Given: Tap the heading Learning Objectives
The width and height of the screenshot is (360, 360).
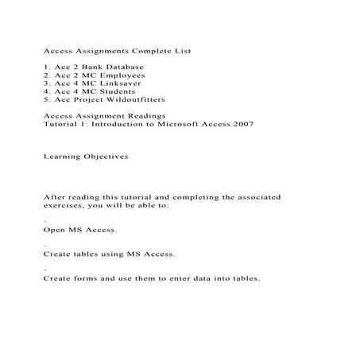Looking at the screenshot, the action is pyautogui.click(x=85, y=157).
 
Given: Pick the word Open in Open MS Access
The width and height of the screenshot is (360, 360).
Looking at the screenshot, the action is pyautogui.click(x=55, y=230).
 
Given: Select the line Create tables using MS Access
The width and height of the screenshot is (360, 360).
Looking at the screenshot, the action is pyautogui.click(x=109, y=254).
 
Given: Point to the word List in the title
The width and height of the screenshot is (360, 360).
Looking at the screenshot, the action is pyautogui.click(x=183, y=51).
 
